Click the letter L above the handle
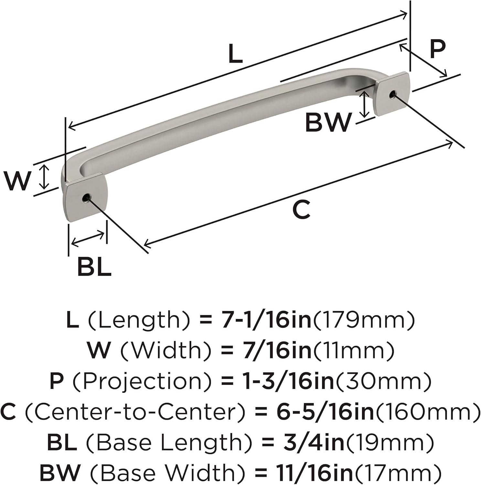235,53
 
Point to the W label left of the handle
18,181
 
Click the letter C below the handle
301,209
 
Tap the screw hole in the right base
392,94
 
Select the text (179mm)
362,320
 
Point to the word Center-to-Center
135,412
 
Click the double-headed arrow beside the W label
44,177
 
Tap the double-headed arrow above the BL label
88,239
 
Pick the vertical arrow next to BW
365,104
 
